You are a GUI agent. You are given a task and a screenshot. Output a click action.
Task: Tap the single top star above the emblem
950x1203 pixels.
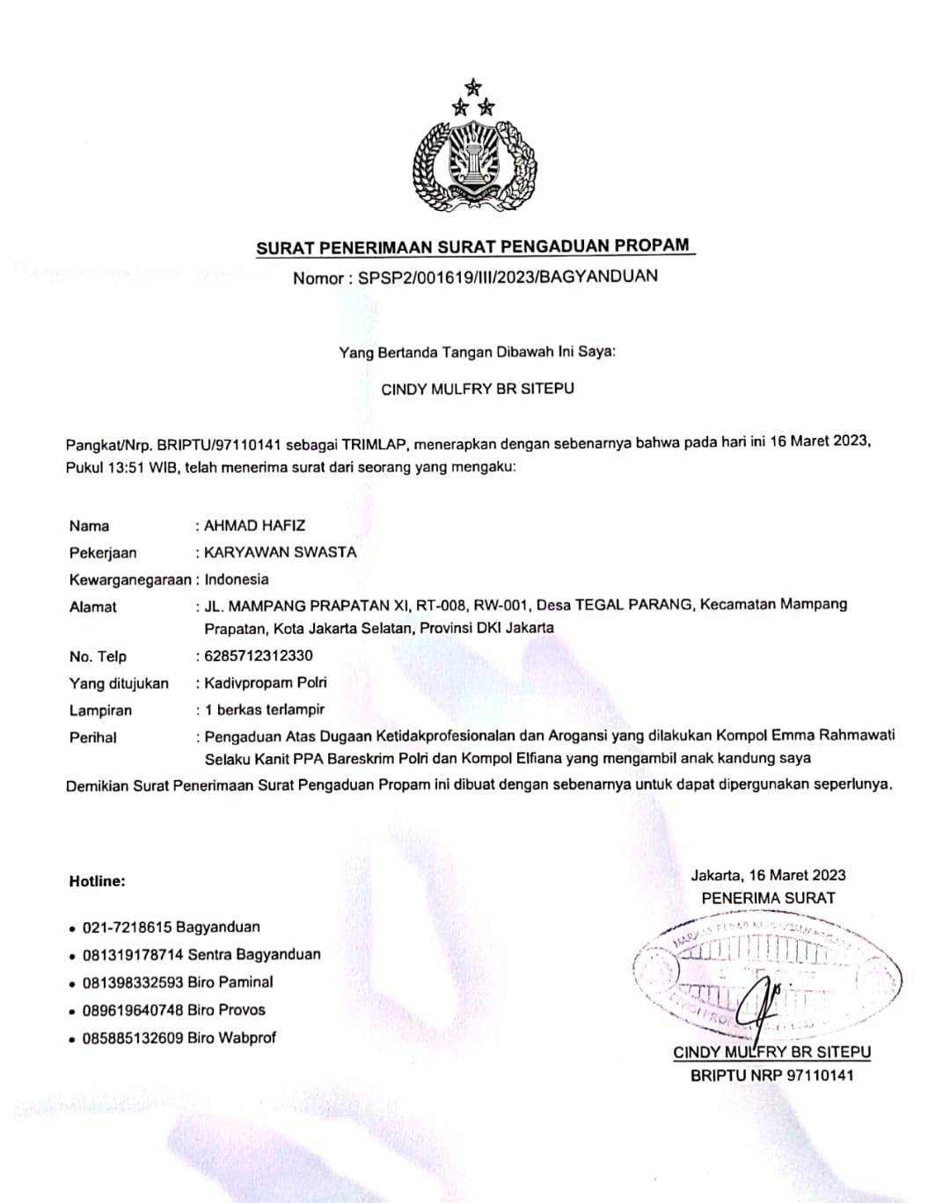tap(474, 86)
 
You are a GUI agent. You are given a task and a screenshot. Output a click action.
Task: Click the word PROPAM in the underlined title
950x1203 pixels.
tap(650, 245)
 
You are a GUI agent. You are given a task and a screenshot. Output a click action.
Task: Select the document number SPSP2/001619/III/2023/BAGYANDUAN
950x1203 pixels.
tap(508, 277)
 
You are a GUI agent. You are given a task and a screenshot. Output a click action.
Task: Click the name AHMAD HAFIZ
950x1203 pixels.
tap(255, 526)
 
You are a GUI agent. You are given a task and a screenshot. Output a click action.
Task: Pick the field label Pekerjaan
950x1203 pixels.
tap(103, 553)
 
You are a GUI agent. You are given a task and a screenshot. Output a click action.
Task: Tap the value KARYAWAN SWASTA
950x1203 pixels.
tap(281, 552)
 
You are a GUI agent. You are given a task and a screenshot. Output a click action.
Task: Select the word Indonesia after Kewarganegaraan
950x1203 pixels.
tap(237, 580)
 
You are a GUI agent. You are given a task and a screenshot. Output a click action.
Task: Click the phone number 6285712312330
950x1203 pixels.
tap(259, 655)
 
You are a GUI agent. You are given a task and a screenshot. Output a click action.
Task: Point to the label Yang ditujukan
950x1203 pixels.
tap(119, 683)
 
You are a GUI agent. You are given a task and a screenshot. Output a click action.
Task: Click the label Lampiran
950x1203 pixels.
tap(100, 711)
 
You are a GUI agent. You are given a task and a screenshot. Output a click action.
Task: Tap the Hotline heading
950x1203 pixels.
tap(97, 881)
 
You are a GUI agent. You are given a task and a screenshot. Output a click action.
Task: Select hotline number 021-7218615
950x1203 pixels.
tap(127, 927)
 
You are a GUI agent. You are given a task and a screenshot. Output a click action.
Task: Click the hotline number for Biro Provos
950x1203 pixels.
tap(132, 1010)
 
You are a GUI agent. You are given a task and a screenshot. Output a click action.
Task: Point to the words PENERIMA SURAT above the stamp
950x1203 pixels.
tap(768, 898)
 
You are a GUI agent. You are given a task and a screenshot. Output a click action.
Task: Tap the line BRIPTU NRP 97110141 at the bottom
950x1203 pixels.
tap(771, 1075)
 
